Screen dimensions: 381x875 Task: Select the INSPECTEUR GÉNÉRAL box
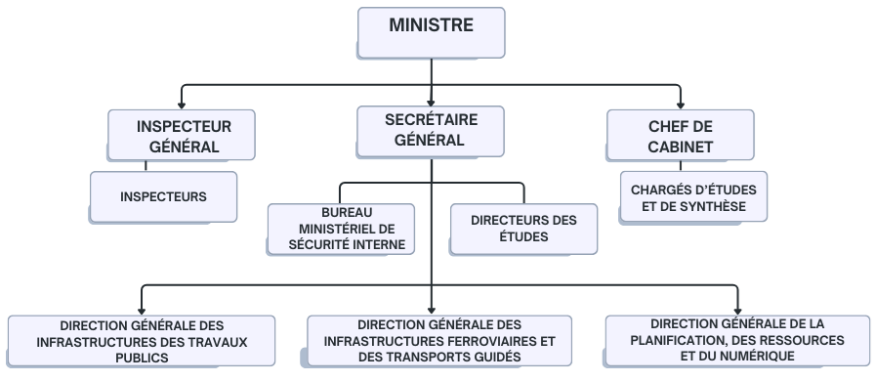tap(183, 136)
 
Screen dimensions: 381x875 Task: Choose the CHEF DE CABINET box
tap(680, 136)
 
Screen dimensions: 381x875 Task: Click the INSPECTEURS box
tap(163, 196)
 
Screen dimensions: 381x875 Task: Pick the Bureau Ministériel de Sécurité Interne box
tap(341, 229)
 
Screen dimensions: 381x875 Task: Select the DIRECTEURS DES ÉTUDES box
tap(523, 229)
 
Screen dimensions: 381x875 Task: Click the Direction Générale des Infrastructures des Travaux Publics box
tap(142, 342)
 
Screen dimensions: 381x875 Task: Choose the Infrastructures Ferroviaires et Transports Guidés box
tap(438, 341)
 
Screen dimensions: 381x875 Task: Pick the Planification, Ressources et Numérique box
tap(736, 340)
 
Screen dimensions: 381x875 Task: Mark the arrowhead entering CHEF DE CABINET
tap(681, 103)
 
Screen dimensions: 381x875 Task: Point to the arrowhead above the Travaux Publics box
tap(142, 309)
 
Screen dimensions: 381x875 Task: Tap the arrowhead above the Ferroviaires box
tap(431, 309)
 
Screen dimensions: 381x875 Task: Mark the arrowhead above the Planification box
tap(737, 309)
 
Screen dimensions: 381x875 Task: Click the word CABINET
tap(680, 148)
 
